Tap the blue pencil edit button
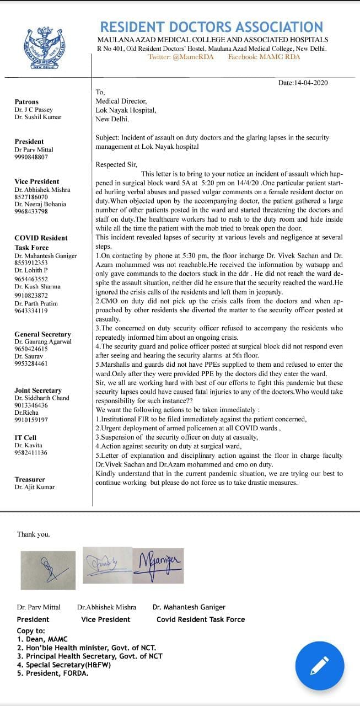[x=320, y=666]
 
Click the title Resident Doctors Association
[x=211, y=28]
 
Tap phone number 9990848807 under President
[x=31, y=157]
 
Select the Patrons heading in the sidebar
[x=26, y=102]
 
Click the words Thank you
[x=33, y=534]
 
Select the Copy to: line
[x=31, y=630]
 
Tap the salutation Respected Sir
[x=116, y=164]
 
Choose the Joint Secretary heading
[x=38, y=391]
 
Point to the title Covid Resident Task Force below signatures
[x=201, y=619]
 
